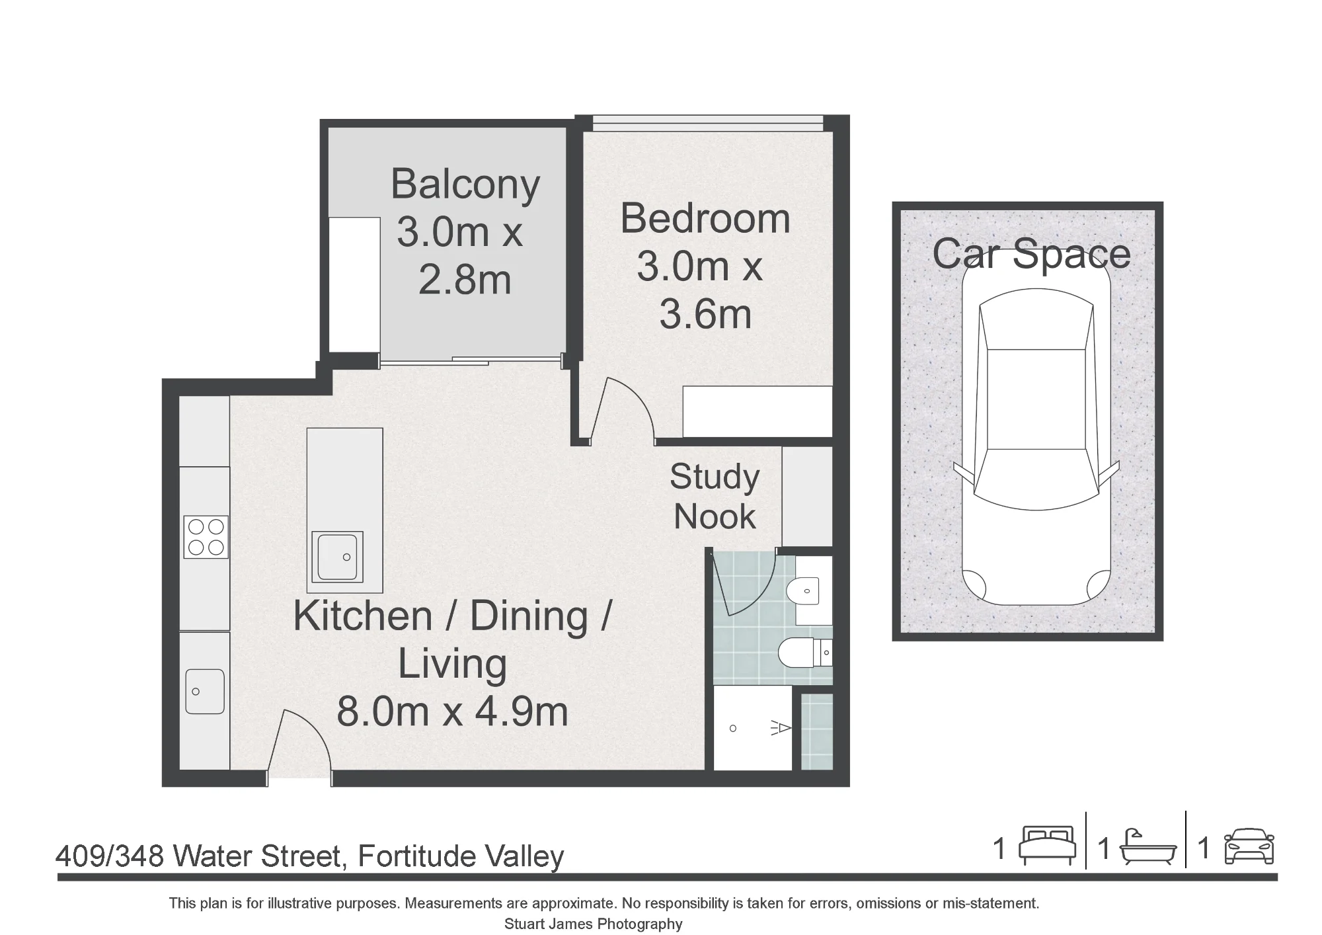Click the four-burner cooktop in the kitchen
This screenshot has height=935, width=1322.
(x=206, y=537)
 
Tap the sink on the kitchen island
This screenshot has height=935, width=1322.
(x=337, y=557)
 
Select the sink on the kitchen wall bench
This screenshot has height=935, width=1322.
(x=205, y=691)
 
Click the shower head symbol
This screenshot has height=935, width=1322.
(x=781, y=729)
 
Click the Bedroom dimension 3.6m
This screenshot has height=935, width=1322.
(x=705, y=314)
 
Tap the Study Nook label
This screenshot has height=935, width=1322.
(x=715, y=497)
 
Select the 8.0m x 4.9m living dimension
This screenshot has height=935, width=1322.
(x=452, y=712)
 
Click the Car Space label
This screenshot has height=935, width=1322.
(x=1031, y=254)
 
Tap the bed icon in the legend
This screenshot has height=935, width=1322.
(x=1048, y=845)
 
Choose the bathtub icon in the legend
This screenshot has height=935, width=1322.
(x=1148, y=846)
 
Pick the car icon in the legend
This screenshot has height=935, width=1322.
(x=1249, y=846)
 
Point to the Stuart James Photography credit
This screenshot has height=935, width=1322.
(x=594, y=924)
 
